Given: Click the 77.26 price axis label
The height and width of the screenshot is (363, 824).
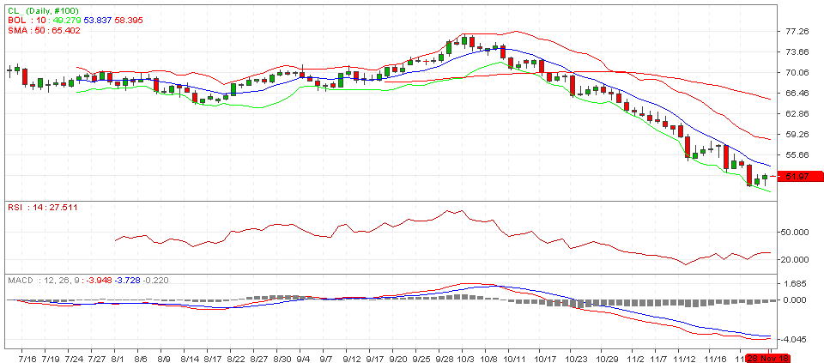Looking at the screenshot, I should tap(797, 31).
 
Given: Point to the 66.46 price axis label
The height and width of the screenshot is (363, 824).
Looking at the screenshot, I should tap(797, 93).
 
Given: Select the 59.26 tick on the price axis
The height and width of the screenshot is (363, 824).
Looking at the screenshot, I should tap(797, 134).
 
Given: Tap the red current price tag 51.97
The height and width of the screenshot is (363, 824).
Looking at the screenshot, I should tap(797, 176).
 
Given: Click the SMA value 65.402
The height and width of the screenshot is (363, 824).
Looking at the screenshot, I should tap(64, 30).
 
